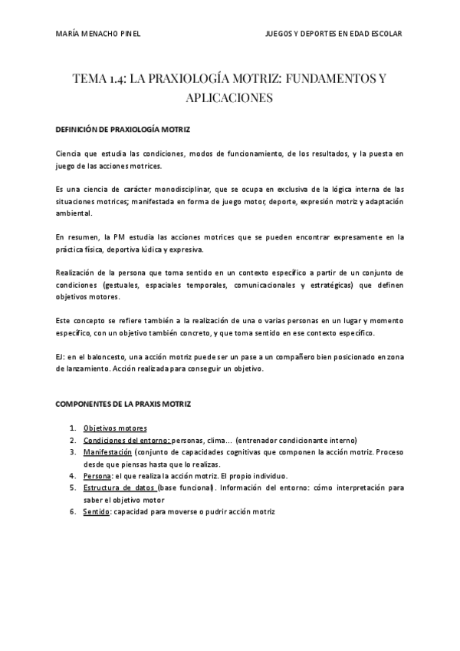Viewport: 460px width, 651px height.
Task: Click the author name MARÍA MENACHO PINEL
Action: point(99,34)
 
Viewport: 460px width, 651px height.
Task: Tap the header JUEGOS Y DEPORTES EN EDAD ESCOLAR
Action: point(333,34)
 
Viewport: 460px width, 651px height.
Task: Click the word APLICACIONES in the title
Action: point(229,98)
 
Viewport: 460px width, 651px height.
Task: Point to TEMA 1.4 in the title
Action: point(97,79)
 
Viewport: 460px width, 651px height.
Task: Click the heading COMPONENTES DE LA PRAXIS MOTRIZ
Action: point(123,404)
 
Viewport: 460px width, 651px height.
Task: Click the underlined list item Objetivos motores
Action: point(115,428)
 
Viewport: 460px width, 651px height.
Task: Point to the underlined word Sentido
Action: point(97,511)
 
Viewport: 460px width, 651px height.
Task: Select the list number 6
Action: point(71,511)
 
